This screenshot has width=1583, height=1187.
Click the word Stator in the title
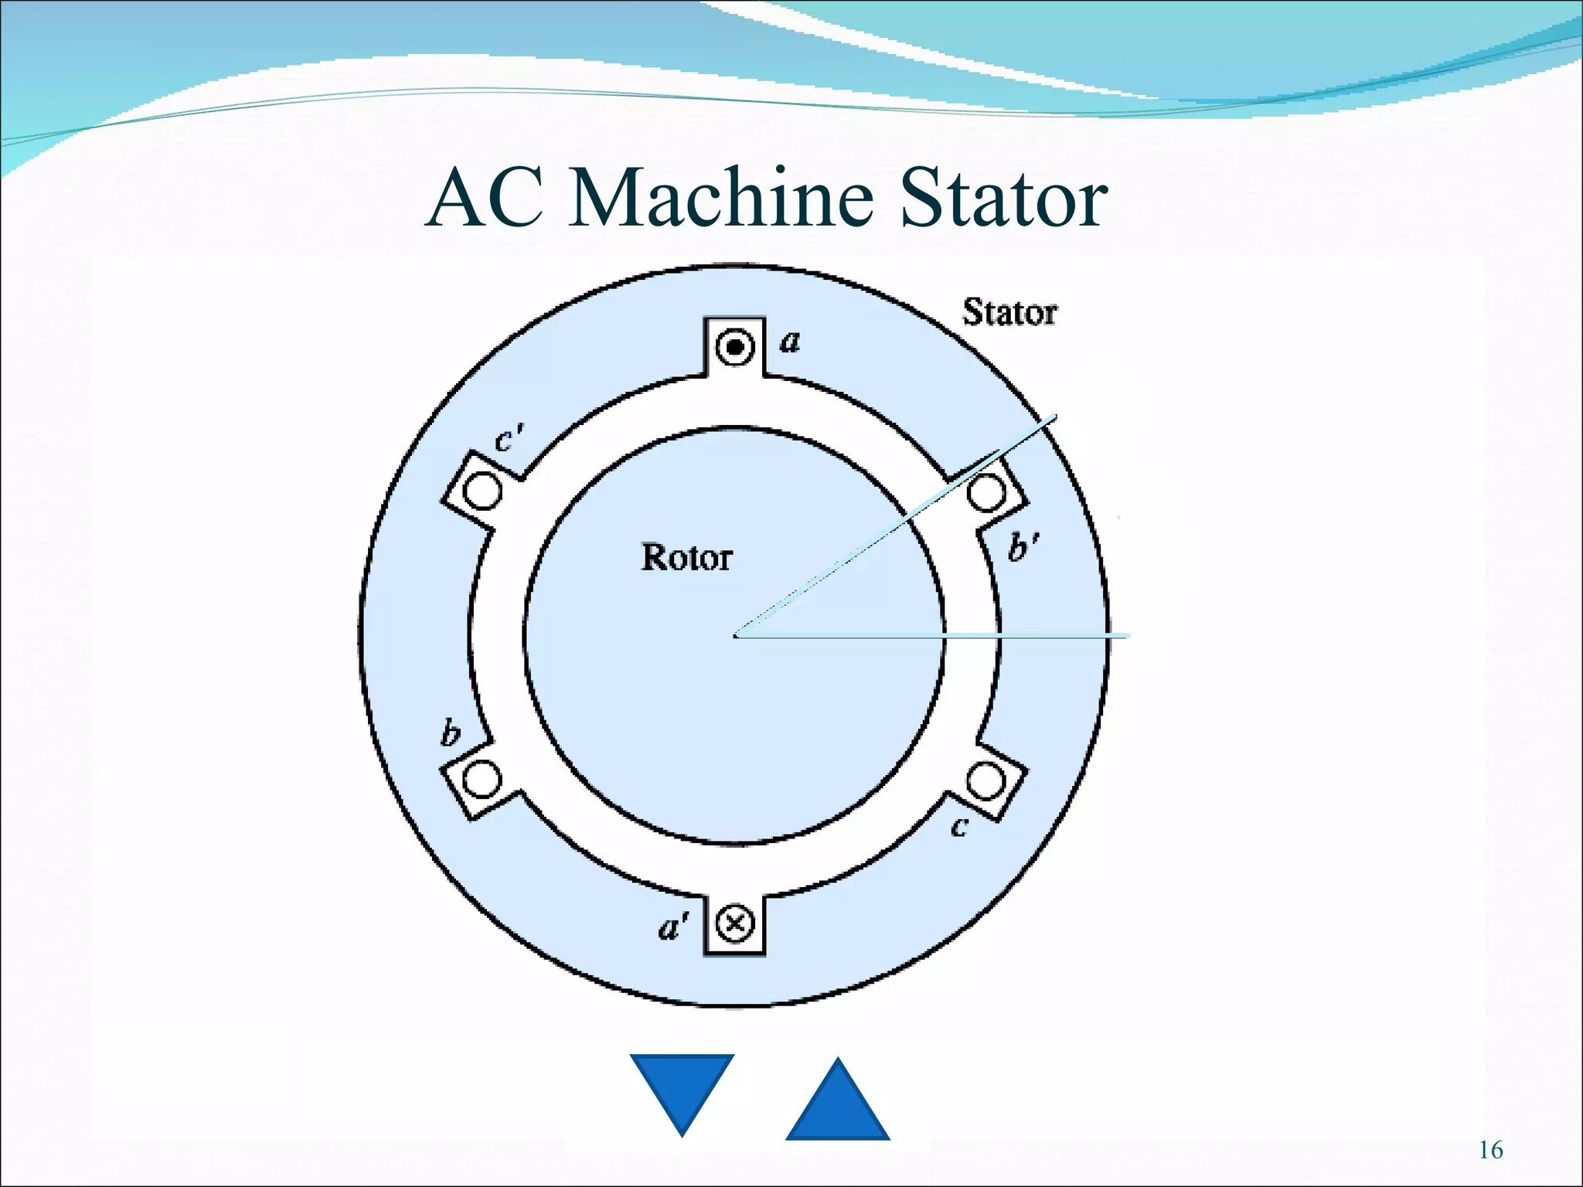(1003, 199)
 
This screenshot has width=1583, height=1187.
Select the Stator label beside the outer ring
(1009, 313)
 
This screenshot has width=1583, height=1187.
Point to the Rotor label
(686, 557)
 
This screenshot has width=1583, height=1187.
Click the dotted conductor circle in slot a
(734, 347)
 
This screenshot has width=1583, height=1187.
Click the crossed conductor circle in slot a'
(734, 923)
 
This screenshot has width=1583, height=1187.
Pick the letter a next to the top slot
(789, 341)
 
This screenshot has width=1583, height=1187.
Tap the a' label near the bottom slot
(672, 926)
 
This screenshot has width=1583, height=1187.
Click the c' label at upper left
(509, 440)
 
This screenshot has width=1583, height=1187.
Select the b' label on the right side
(1023, 546)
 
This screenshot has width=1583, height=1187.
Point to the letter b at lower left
(450, 732)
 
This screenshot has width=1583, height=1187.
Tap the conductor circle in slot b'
(986, 492)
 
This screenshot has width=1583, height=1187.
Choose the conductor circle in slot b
(482, 779)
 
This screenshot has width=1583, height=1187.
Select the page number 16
(1490, 1150)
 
